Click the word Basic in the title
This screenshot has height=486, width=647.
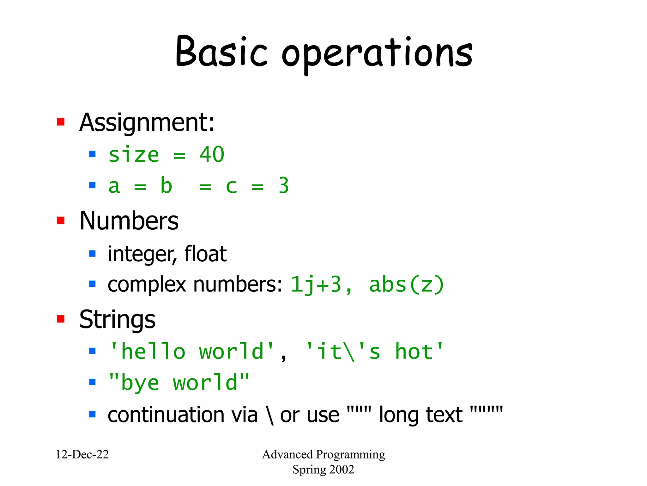(x=221, y=52)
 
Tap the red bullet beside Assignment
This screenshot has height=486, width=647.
(x=61, y=122)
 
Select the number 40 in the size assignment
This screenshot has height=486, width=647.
(x=212, y=155)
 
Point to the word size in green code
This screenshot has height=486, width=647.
(x=134, y=155)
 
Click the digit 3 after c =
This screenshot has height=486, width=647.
(x=284, y=186)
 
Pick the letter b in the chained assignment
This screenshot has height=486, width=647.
(x=166, y=186)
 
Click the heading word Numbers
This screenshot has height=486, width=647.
(x=129, y=221)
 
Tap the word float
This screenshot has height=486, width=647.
(x=205, y=254)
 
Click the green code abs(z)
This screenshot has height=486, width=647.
(x=406, y=284)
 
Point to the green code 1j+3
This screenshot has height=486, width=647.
(x=316, y=284)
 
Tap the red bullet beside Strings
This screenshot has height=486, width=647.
(x=61, y=319)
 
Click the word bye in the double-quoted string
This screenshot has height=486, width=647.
(x=140, y=383)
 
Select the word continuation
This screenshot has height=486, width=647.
(x=183, y=415)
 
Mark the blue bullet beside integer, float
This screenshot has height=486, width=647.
(x=92, y=253)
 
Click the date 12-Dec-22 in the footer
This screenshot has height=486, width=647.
(x=82, y=454)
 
